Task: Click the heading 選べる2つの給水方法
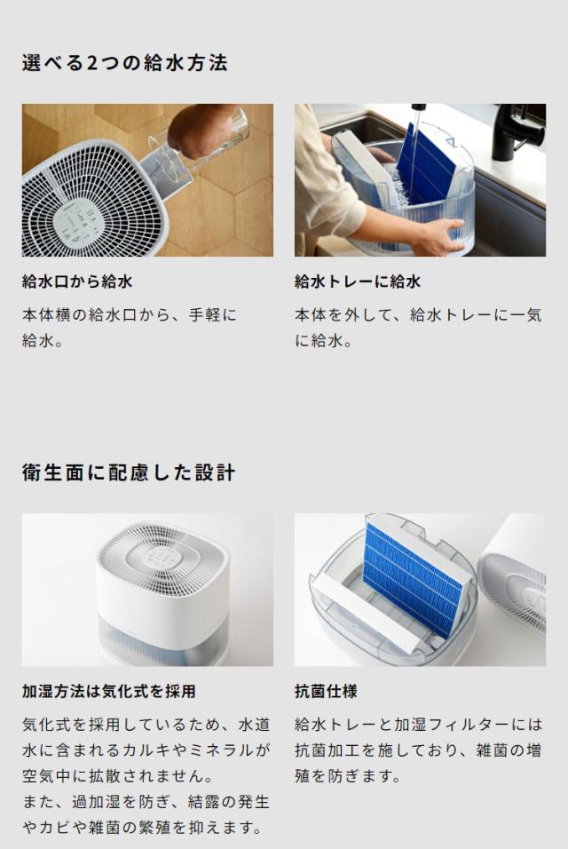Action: [x=124, y=63]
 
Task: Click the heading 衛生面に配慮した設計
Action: [x=129, y=472]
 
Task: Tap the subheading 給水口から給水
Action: [x=77, y=282]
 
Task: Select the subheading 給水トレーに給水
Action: [x=357, y=282]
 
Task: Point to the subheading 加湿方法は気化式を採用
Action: [x=108, y=691]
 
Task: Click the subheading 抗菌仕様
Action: [x=326, y=691]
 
